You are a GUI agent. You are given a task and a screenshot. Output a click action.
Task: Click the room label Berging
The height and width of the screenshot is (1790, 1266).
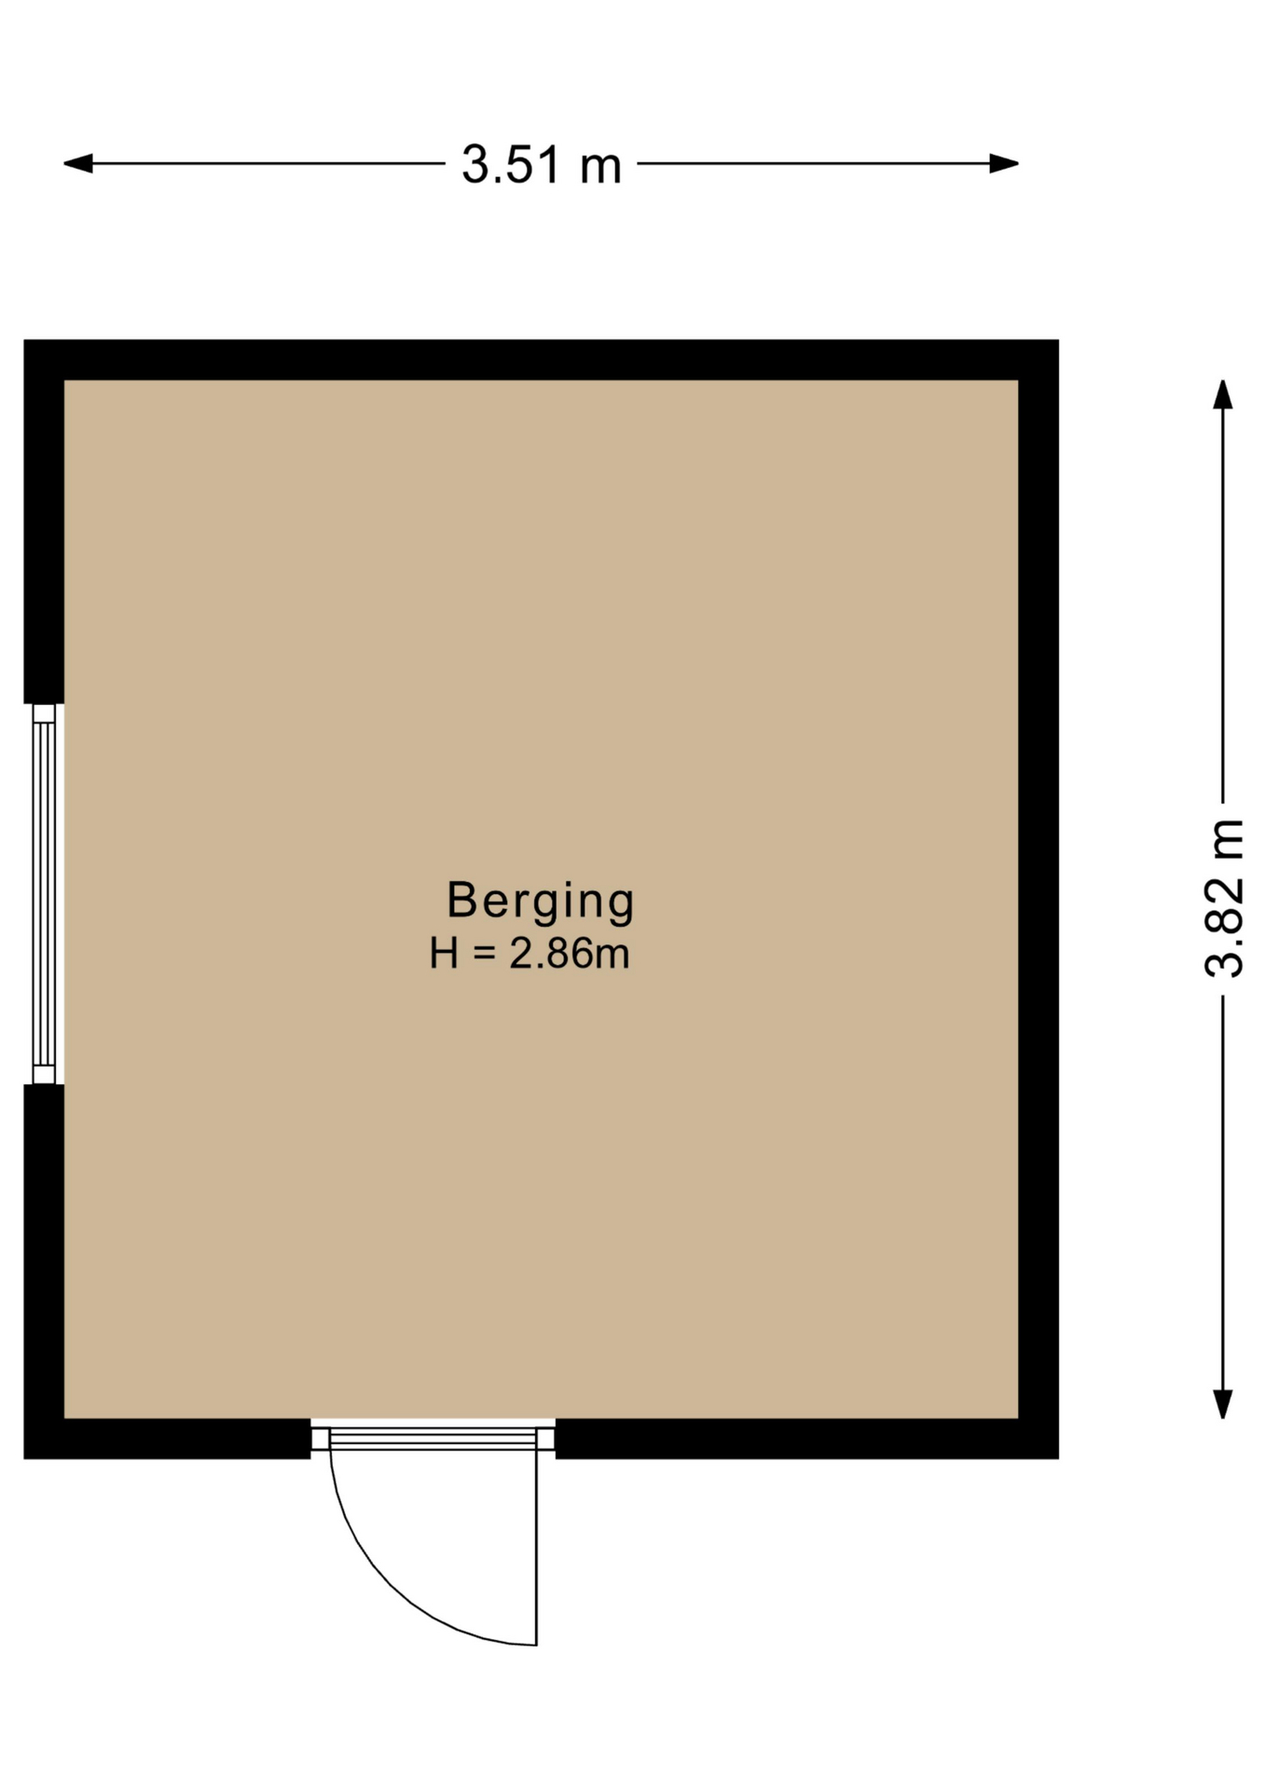coord(541,902)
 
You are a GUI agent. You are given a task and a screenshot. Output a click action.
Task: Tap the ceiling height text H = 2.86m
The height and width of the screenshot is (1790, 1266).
coord(530,954)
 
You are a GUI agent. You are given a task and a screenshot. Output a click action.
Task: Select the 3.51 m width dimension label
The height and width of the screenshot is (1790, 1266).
coord(542,165)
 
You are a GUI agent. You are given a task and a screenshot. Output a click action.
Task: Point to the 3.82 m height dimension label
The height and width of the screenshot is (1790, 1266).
coord(1224,898)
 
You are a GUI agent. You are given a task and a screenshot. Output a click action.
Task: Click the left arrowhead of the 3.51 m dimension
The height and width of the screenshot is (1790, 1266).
coord(77,164)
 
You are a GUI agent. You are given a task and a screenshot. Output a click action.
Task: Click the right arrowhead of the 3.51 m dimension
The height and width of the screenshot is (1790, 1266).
coord(1004,164)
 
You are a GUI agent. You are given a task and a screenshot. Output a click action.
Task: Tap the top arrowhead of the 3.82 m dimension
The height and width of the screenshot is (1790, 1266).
coord(1222,393)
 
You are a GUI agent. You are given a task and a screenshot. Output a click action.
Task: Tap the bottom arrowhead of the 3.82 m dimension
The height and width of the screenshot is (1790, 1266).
coord(1222,1404)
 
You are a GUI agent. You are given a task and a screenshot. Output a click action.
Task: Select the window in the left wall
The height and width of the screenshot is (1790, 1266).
coord(44,894)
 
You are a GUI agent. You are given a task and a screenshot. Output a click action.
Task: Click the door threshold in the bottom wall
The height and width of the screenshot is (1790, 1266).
coord(433,1439)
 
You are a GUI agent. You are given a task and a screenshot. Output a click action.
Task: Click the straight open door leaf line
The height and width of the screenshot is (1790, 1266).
coord(537,1548)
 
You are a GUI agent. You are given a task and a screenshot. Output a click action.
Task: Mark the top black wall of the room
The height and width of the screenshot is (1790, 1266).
coord(541,360)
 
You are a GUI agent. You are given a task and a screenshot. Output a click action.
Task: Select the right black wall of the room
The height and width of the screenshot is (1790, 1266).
coord(1039,899)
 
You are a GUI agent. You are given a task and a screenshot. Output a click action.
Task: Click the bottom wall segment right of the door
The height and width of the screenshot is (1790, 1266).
coord(807,1439)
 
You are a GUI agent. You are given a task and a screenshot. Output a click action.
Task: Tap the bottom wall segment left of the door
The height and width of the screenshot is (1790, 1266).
coord(167,1439)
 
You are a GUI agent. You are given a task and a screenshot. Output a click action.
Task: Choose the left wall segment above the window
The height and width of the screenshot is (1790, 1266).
coord(44,522)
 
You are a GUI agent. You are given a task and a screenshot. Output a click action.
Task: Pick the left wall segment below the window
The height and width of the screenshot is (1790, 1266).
coord(44,1272)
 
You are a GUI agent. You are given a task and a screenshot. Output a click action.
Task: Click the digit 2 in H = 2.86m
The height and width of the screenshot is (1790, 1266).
coord(519,954)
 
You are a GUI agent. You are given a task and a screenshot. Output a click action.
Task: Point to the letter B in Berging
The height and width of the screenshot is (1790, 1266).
coord(462,900)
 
